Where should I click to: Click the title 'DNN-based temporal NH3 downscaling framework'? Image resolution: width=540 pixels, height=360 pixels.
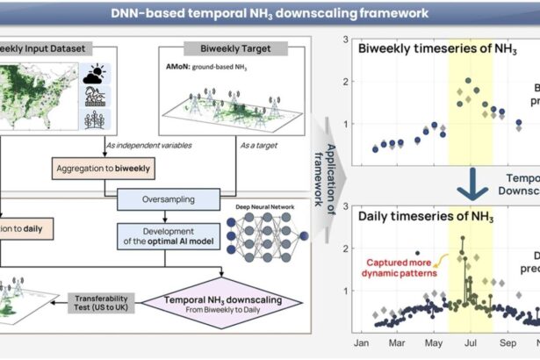[270, 13]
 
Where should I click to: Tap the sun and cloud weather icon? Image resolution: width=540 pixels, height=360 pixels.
[94, 76]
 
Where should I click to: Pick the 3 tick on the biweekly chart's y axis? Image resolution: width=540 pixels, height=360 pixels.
[348, 40]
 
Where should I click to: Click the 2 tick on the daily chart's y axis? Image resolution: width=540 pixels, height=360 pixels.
[348, 248]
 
